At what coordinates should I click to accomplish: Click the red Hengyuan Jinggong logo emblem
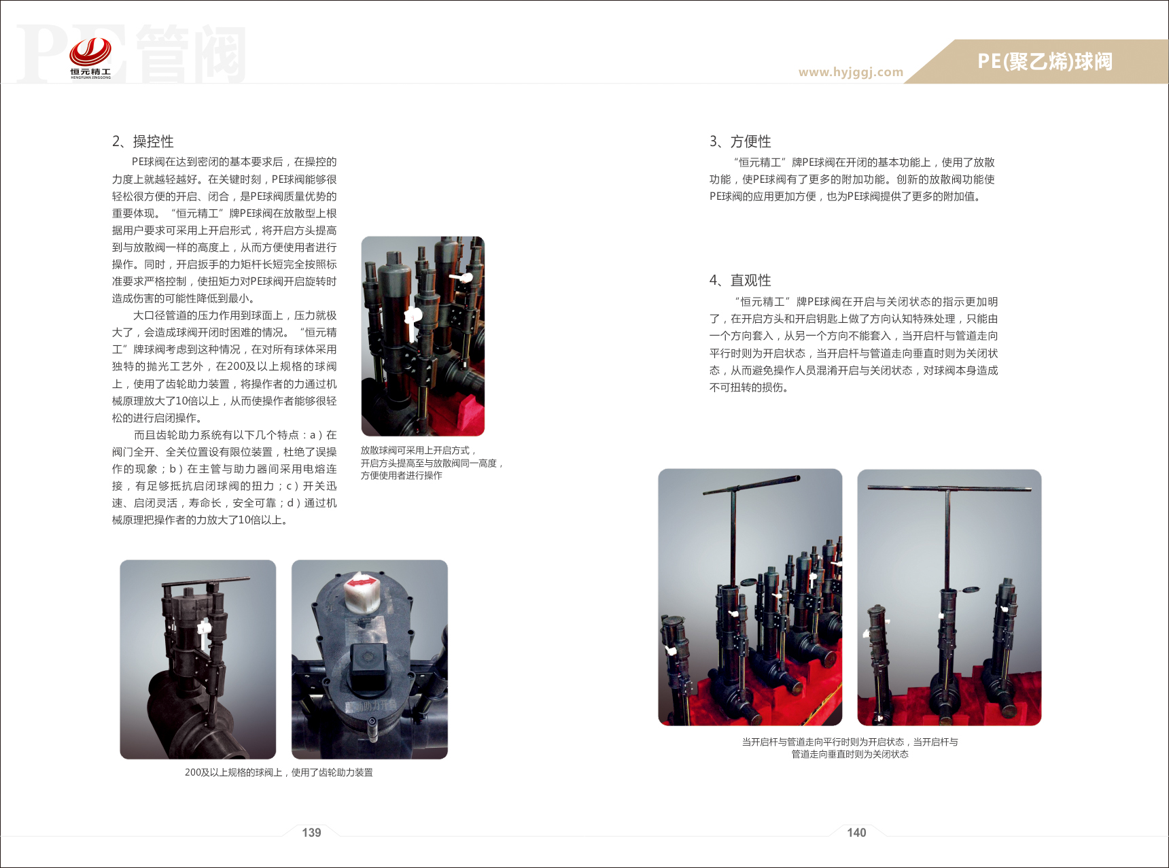(90, 51)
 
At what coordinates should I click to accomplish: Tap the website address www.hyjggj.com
(851, 72)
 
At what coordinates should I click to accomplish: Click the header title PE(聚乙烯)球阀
(1045, 62)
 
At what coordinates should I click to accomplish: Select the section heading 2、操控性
(143, 141)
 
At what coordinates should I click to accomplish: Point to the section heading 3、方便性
(740, 141)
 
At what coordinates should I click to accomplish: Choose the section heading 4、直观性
(740, 280)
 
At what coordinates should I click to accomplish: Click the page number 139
(311, 833)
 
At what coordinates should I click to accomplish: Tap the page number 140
(856, 833)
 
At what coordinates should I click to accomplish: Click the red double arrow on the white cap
(360, 583)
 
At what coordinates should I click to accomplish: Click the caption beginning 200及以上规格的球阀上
(279, 772)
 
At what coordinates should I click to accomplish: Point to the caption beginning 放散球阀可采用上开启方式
(432, 463)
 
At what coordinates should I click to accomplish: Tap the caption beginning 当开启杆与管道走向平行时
(850, 748)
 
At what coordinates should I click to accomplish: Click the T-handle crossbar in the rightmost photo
(949, 488)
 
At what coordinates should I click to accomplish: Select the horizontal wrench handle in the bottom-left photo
(206, 583)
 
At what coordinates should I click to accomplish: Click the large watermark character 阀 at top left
(217, 54)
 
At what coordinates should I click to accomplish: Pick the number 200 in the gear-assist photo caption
(193, 772)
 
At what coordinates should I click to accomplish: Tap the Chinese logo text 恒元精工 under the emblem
(90, 71)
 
